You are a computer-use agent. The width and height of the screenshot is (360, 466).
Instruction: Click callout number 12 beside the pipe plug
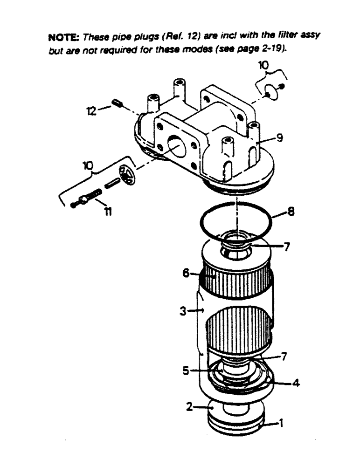click(x=92, y=111)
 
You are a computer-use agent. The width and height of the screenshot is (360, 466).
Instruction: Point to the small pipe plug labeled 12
click(x=117, y=103)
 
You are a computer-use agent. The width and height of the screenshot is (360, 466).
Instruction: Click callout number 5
click(x=186, y=372)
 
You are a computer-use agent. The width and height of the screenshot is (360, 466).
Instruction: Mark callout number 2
click(x=189, y=407)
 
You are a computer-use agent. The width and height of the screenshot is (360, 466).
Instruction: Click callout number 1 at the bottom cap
click(x=281, y=424)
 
